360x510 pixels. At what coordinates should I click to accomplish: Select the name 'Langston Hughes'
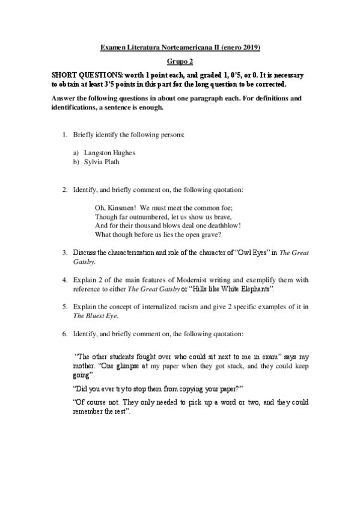(109, 153)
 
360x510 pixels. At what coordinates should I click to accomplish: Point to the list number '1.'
(65, 135)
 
